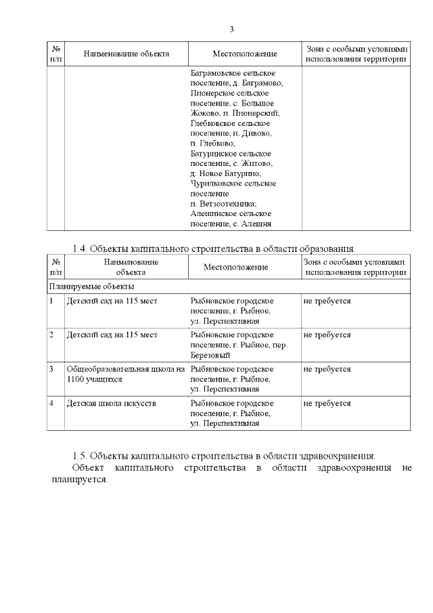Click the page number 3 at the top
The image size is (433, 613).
point(231,29)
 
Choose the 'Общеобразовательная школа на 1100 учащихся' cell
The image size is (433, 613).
point(125,375)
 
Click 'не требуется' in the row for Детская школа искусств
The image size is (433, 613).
point(327,403)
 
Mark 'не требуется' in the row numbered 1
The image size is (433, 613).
point(327,300)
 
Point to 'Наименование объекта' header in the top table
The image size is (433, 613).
point(126,54)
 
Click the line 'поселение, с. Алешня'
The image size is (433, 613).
point(231,224)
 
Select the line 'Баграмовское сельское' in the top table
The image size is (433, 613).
point(234,72)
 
